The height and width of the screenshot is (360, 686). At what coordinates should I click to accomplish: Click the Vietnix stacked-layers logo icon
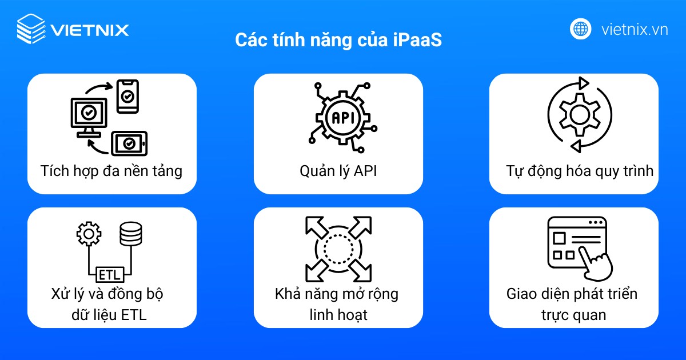(x=31, y=29)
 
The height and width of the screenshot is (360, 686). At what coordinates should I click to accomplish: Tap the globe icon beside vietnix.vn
(x=581, y=29)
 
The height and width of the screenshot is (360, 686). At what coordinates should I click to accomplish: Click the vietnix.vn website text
(x=635, y=29)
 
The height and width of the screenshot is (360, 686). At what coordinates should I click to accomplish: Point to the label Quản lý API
(x=338, y=171)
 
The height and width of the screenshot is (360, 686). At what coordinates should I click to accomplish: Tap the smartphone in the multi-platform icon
(x=127, y=96)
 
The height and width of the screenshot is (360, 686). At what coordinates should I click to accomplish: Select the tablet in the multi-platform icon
(x=129, y=142)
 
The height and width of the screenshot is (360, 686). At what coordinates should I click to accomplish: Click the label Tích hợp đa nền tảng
(x=111, y=171)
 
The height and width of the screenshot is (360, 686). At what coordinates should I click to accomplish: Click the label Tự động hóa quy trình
(x=580, y=171)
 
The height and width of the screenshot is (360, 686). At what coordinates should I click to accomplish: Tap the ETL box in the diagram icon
(x=110, y=274)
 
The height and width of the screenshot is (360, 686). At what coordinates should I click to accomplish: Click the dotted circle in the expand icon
(x=336, y=247)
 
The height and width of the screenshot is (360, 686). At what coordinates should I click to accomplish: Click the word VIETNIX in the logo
(x=90, y=29)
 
